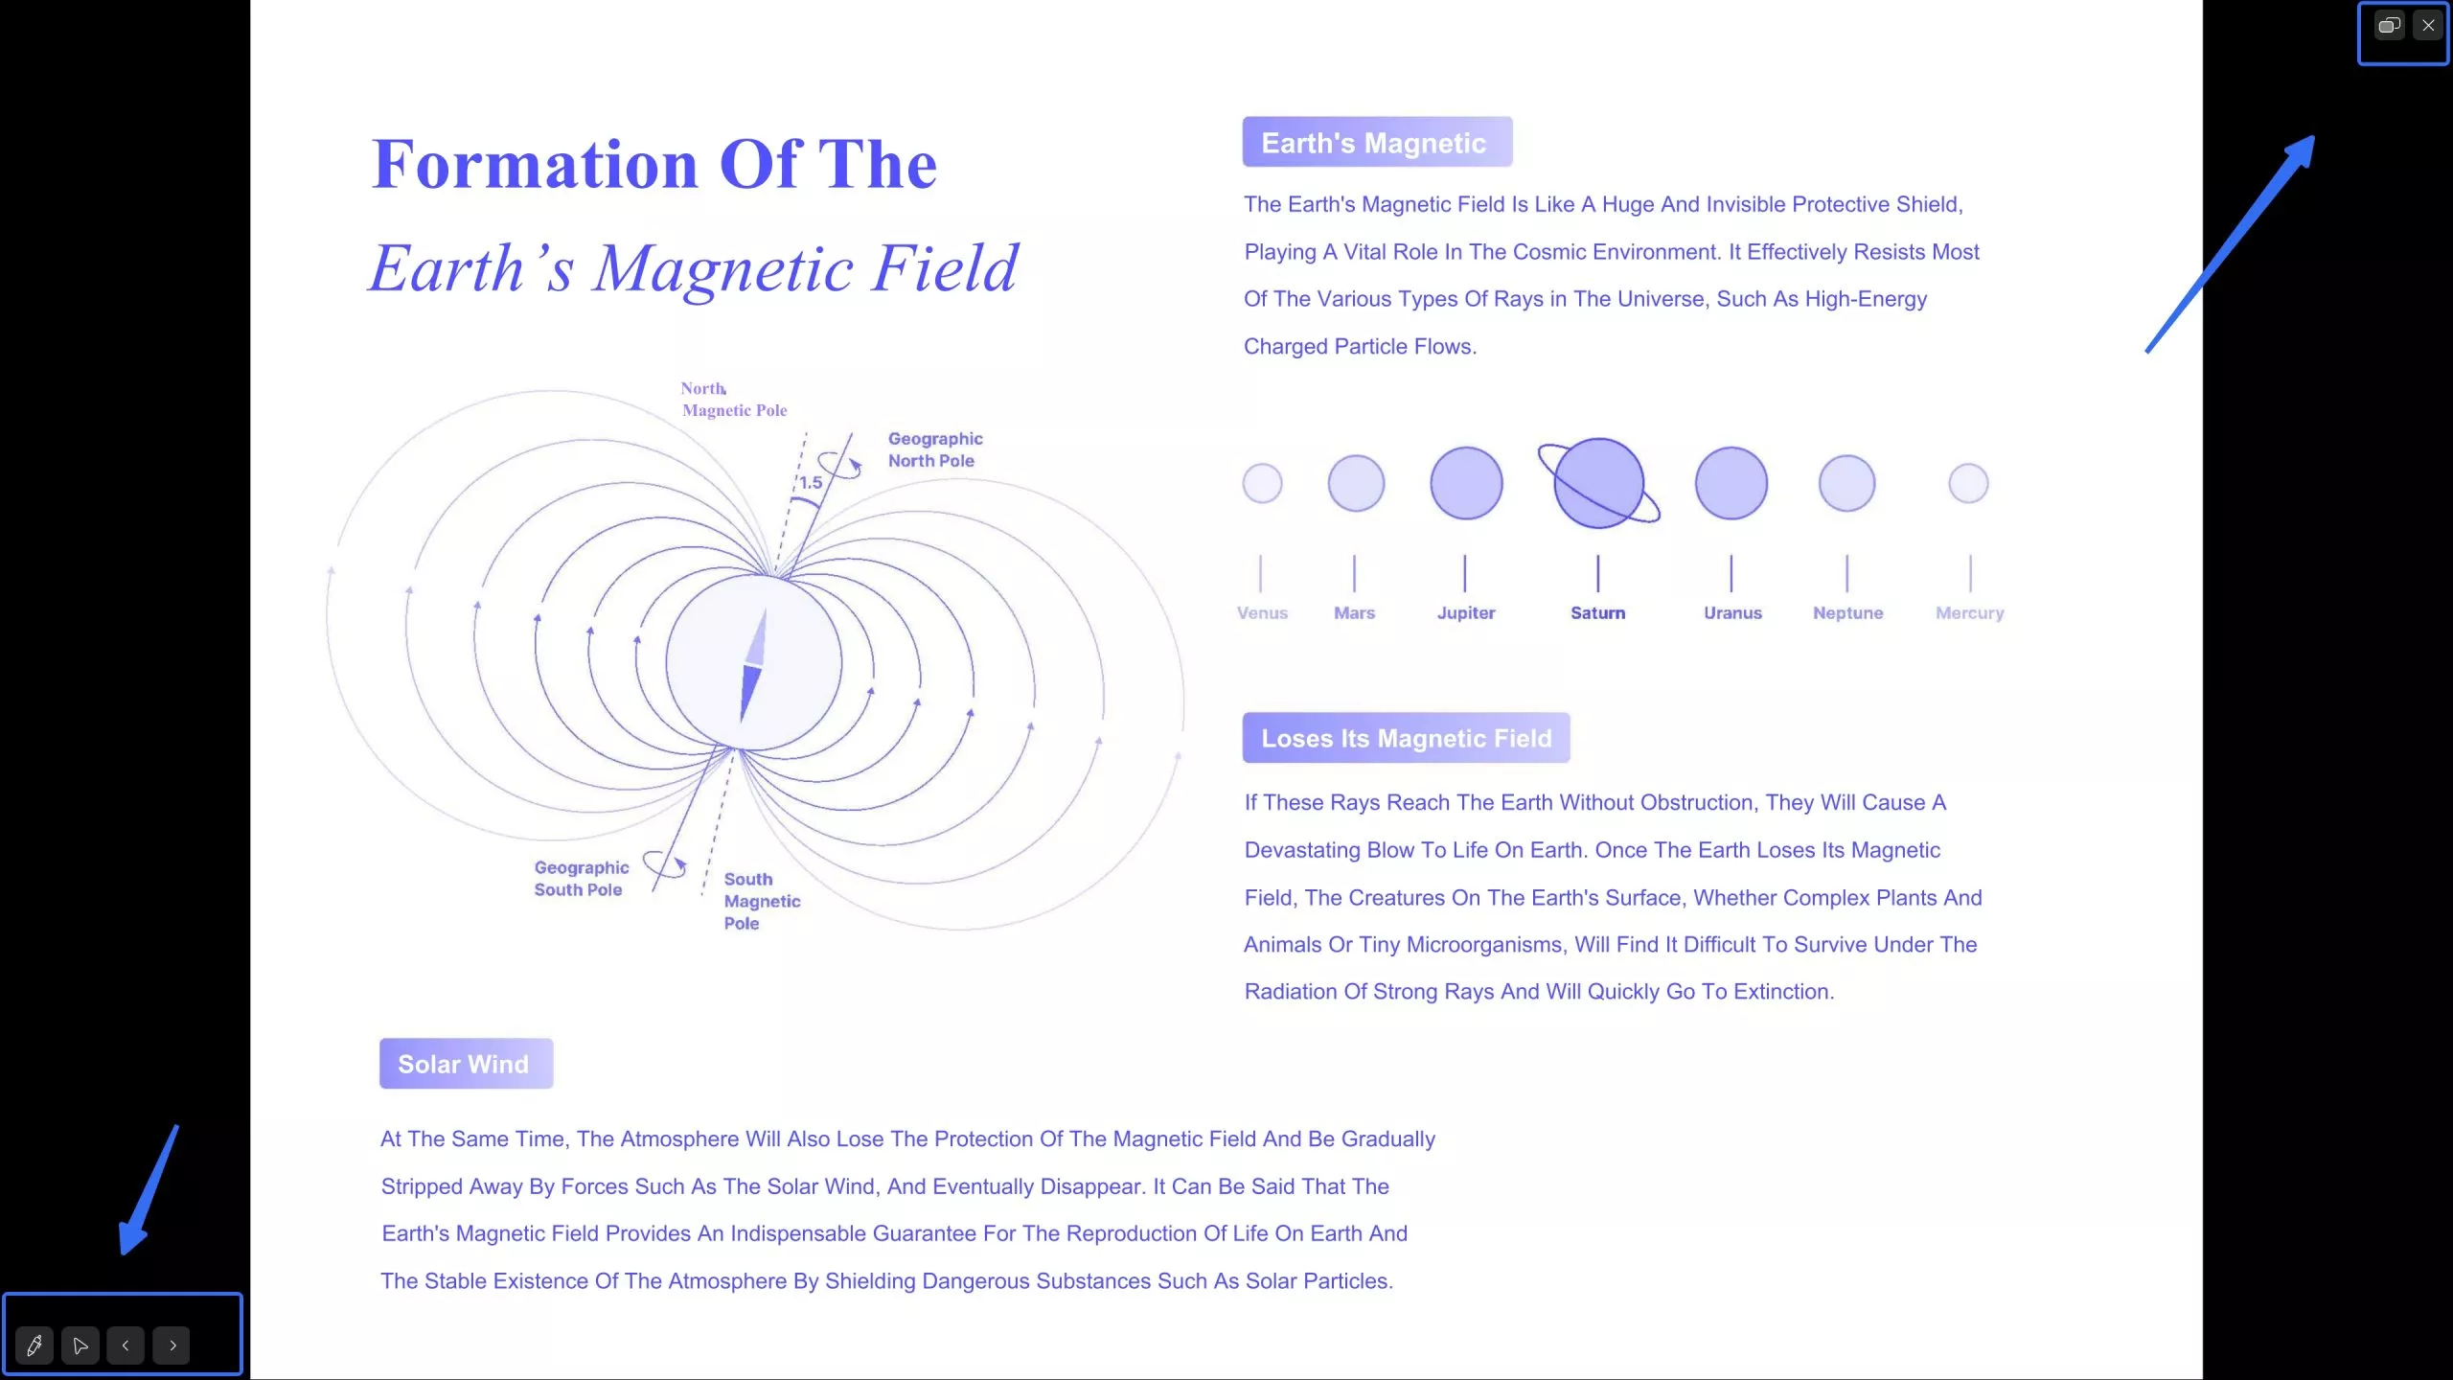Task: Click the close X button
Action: point(2427,26)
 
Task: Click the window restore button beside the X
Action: point(2389,26)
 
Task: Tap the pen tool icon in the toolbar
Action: point(34,1345)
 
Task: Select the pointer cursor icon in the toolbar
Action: point(80,1345)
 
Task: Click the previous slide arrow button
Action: point(126,1345)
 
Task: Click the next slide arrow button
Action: point(172,1345)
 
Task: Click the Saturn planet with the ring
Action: point(1598,483)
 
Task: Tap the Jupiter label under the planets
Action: point(1466,613)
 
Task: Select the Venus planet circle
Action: point(1262,483)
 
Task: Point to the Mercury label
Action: point(1969,613)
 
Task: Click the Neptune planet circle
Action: point(1846,483)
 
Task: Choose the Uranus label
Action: point(1732,613)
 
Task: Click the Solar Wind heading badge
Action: point(466,1064)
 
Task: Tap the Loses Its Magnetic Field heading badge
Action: point(1406,738)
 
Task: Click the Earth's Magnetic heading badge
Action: point(1377,142)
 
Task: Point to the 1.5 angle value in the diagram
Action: point(811,483)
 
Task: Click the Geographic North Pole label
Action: point(935,449)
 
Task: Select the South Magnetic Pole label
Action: point(762,901)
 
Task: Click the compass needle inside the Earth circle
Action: point(754,665)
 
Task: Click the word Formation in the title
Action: point(536,164)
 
